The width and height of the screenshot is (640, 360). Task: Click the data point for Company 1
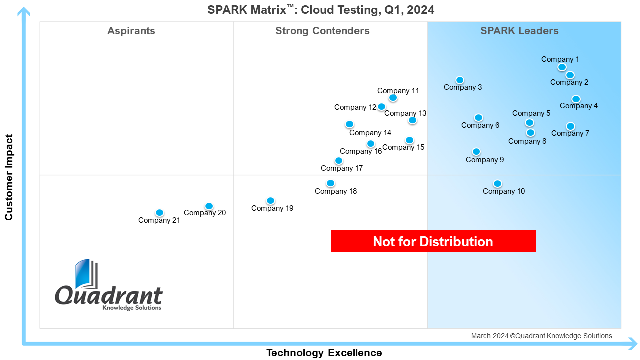[x=562, y=67]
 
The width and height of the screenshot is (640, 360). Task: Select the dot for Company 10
[x=497, y=184]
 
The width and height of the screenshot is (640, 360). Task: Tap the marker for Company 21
[x=159, y=213]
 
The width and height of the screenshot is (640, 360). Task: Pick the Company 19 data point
[x=270, y=201]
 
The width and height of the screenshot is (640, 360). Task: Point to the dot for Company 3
[x=460, y=80]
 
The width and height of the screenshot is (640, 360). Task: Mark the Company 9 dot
[x=476, y=152]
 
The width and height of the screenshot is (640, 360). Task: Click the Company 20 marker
[x=209, y=206]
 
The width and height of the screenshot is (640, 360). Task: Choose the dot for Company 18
[x=330, y=183]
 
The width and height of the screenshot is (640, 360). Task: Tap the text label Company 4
[x=579, y=106]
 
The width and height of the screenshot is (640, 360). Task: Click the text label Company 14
[x=370, y=133]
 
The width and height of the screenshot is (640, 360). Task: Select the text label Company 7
[x=570, y=133]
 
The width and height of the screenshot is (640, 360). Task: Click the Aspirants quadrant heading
[x=131, y=31]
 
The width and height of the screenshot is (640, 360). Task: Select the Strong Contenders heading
[x=322, y=31]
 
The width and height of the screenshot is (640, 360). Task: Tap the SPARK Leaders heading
[x=519, y=31]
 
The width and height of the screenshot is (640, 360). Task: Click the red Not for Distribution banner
[x=433, y=242]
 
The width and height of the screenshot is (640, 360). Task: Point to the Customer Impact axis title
[x=9, y=177]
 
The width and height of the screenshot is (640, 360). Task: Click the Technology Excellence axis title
[x=324, y=353]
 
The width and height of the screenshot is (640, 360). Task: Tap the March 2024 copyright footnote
[x=541, y=336]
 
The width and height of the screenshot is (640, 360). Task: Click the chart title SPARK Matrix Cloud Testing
[x=321, y=9]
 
